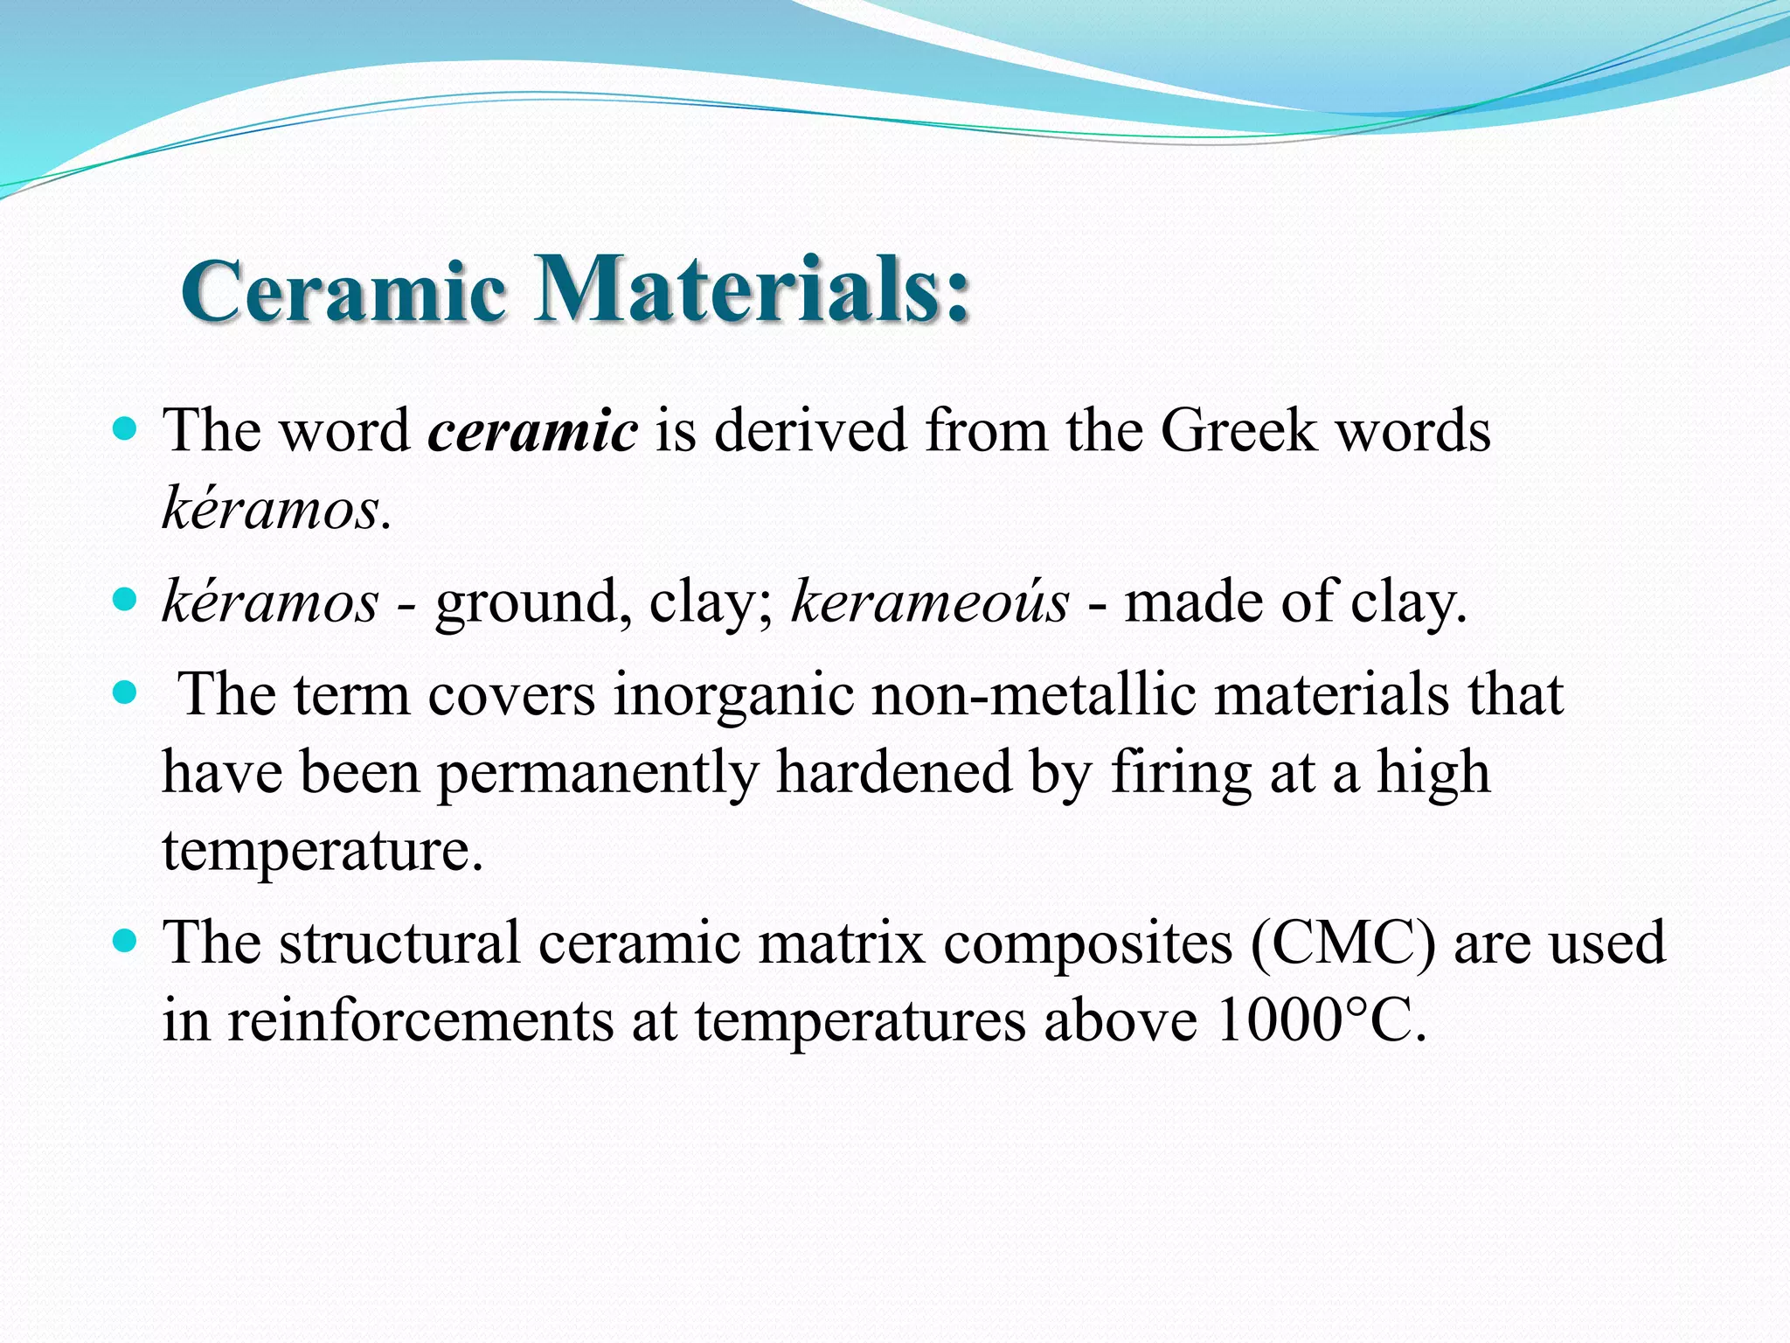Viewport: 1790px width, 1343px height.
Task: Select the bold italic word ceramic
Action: point(532,431)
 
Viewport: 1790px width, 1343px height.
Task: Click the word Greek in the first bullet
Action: point(1238,431)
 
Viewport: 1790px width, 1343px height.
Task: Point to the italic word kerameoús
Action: point(930,603)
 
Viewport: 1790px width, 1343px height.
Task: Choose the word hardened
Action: point(893,773)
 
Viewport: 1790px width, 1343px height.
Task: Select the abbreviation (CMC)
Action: point(1343,943)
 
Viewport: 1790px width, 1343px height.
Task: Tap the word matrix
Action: point(841,943)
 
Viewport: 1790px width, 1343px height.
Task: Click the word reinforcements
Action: point(420,1020)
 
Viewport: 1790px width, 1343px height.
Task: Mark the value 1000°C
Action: point(1320,1020)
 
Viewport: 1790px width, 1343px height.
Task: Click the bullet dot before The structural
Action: point(126,942)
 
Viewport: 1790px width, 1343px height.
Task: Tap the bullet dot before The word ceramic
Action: point(126,429)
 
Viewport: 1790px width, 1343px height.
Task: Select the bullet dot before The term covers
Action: point(126,693)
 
